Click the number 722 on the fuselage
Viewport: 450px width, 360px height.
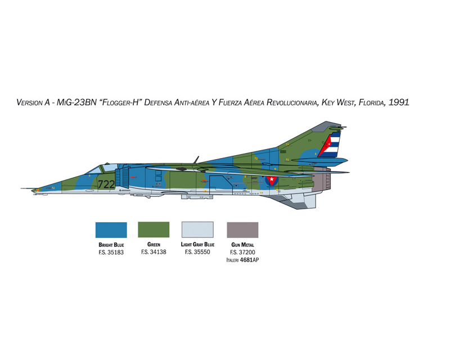pyautogui.click(x=106, y=184)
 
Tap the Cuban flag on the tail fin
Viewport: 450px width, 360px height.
pyautogui.click(x=330, y=145)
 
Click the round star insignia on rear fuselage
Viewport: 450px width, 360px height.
pyautogui.click(x=272, y=181)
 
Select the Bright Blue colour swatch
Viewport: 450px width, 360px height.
pyautogui.click(x=111, y=230)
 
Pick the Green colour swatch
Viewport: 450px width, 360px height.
pyautogui.click(x=154, y=229)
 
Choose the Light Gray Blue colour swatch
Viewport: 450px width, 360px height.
pyautogui.click(x=197, y=229)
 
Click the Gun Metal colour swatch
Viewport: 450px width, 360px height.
pyautogui.click(x=242, y=230)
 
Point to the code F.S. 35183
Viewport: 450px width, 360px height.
pyautogui.click(x=111, y=253)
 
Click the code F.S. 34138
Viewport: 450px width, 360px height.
pyautogui.click(x=154, y=252)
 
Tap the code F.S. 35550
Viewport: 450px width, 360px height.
pyautogui.click(x=197, y=252)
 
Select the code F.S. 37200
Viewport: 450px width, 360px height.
pyautogui.click(x=242, y=253)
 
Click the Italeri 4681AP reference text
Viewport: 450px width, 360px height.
pyautogui.click(x=242, y=260)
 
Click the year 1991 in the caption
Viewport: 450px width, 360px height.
pyautogui.click(x=399, y=102)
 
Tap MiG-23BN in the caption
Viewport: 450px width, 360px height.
pyautogui.click(x=76, y=102)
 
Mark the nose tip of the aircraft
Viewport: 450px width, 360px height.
pyautogui.click(x=21, y=188)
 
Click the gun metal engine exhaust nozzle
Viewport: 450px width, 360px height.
pyautogui.click(x=321, y=181)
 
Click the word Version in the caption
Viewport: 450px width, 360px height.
pyautogui.click(x=30, y=102)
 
